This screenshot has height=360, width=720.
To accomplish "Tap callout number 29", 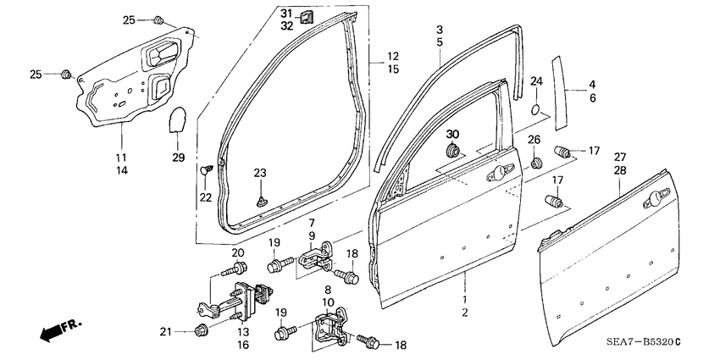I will click(177, 158).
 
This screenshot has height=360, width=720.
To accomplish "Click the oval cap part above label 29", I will click(176, 121).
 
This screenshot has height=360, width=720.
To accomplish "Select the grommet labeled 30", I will click(453, 152).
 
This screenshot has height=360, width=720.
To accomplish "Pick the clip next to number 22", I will click(205, 170).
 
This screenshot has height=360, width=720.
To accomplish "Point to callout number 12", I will click(393, 56).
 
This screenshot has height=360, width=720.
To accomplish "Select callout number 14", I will click(122, 170).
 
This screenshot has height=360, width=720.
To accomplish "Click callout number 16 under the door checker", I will click(241, 345).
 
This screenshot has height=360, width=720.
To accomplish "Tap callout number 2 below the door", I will click(463, 313).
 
